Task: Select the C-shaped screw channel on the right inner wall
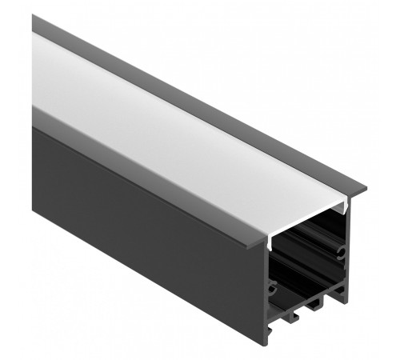click(x=342, y=253)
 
